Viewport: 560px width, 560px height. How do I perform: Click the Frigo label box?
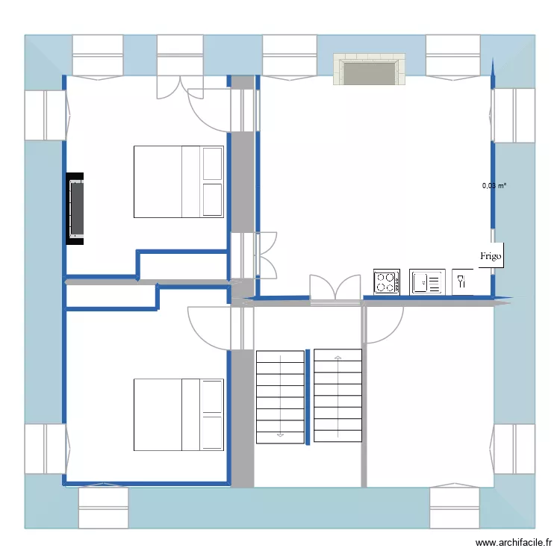[491, 255]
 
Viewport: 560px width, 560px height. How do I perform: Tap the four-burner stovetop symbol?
[386, 281]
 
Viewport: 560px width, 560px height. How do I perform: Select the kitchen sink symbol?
[427, 281]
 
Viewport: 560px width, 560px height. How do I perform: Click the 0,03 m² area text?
[494, 186]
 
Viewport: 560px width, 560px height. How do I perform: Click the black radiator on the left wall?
[75, 208]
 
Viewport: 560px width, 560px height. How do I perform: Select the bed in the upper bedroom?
[178, 181]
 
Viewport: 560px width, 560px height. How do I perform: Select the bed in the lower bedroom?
[178, 414]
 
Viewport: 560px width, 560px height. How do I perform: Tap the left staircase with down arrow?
[280, 396]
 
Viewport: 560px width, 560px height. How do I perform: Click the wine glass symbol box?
[462, 281]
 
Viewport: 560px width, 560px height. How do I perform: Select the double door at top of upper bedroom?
[170, 87]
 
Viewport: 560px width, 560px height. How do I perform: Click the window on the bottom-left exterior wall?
[104, 508]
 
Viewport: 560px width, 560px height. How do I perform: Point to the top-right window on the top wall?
[452, 56]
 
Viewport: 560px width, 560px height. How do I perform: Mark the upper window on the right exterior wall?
[514, 115]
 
